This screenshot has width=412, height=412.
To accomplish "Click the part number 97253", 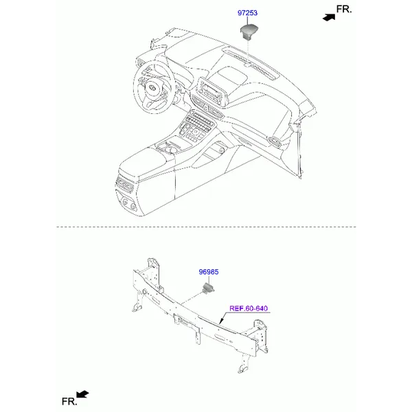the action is [x=247, y=13].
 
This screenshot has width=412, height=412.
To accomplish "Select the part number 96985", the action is [x=209, y=272].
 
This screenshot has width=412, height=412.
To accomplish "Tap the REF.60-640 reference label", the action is [x=249, y=308].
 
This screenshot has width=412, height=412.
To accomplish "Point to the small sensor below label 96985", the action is [x=209, y=288].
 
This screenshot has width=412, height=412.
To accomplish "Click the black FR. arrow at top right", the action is [x=329, y=17].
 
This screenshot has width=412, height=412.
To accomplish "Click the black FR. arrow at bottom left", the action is [x=82, y=394].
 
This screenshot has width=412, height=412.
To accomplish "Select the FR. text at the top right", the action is [x=344, y=9].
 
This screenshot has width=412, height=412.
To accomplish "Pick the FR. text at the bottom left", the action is [x=69, y=402].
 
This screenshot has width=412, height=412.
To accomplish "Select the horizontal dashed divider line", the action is [x=206, y=227].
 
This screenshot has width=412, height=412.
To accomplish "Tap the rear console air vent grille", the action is [x=125, y=185].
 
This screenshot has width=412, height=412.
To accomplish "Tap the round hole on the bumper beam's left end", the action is [x=144, y=292].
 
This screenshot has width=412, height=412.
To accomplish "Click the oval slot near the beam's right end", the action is [x=220, y=336].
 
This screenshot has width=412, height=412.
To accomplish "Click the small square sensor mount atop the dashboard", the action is [x=247, y=65].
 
